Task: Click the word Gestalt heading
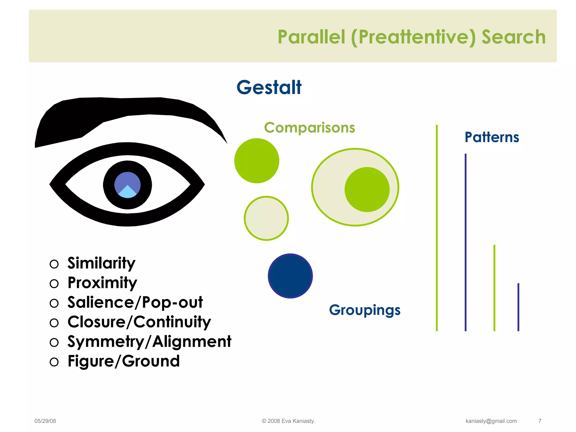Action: tap(269, 87)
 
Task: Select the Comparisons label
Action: tap(309, 128)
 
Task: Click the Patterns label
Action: tap(492, 137)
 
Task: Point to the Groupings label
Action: tap(364, 310)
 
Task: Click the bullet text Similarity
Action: tap(101, 263)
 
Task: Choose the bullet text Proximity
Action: tap(102, 283)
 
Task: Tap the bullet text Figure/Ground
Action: tap(123, 361)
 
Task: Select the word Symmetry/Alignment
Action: tap(149, 341)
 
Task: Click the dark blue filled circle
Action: tap(290, 276)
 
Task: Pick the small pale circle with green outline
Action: tap(266, 218)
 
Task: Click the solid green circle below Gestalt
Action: tap(256, 161)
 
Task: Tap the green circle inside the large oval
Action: tap(367, 189)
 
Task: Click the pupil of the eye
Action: tap(127, 185)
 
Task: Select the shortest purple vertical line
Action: tap(518, 307)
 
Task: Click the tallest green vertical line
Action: tap(437, 228)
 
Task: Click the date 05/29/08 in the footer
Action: tap(45, 421)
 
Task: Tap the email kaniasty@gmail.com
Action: tap(491, 421)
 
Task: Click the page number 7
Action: tap(540, 421)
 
